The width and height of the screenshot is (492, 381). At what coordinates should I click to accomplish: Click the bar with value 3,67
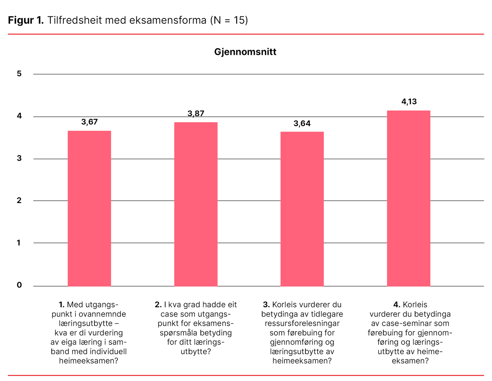[x=89, y=208]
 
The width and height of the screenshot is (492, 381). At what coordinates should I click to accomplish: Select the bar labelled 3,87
[x=196, y=204]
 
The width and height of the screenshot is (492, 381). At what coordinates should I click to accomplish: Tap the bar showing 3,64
[x=302, y=209]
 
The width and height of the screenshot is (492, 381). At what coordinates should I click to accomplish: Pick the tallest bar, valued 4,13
[x=408, y=198]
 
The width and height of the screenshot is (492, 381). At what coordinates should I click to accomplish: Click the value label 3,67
[x=89, y=122]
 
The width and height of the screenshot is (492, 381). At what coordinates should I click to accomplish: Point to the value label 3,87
[x=196, y=114]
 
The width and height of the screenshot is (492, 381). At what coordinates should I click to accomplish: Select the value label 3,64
[x=302, y=124]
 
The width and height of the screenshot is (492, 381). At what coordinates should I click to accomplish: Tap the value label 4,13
[x=409, y=102]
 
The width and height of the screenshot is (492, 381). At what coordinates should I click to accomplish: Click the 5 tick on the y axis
[x=19, y=74]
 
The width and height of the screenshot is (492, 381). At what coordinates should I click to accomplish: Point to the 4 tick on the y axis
[x=19, y=116]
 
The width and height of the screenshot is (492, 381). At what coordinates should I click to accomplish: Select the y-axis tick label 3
[x=19, y=158]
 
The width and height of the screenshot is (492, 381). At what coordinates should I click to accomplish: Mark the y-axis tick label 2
[x=19, y=201]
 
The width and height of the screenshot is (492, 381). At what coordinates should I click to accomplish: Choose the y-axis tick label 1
[x=19, y=243]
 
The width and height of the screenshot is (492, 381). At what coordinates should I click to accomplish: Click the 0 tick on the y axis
[x=19, y=285]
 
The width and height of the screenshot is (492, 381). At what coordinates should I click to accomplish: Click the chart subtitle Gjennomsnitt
[x=245, y=52]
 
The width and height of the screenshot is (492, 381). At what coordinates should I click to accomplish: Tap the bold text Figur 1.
[x=26, y=20]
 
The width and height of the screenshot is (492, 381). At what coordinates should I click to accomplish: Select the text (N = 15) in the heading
[x=229, y=20]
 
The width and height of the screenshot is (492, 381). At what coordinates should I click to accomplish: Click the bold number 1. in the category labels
[x=61, y=305]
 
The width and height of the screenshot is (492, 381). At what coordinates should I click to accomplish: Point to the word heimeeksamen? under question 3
[x=302, y=361]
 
